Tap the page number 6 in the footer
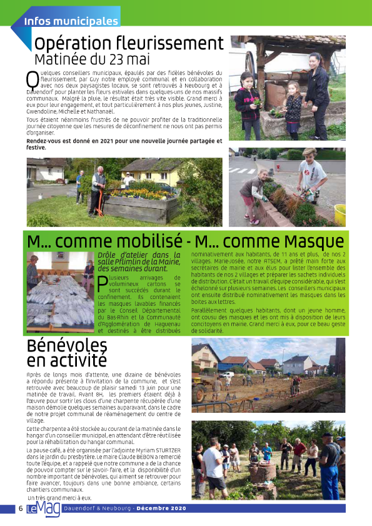tap(21, 508)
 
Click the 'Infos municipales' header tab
tap(71, 21)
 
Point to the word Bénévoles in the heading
tap(66, 346)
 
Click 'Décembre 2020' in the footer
tap(163, 508)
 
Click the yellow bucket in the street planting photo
tap(340, 214)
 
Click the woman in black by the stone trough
tap(317, 94)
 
